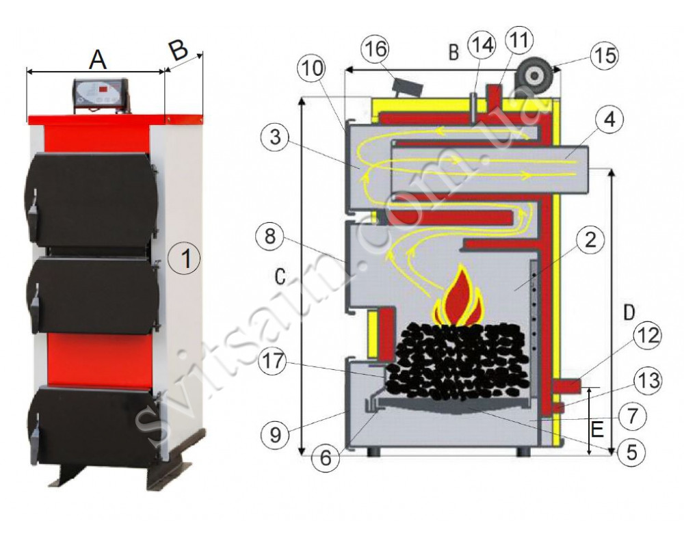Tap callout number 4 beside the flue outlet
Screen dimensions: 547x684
[x=609, y=120]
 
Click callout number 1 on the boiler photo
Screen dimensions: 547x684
[x=186, y=258]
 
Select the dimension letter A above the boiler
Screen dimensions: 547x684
[x=97, y=59]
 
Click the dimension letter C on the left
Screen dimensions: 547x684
[x=279, y=276]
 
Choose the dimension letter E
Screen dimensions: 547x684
[x=597, y=430]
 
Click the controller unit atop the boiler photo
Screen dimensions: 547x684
[x=101, y=94]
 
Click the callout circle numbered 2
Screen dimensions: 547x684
[x=590, y=239]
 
